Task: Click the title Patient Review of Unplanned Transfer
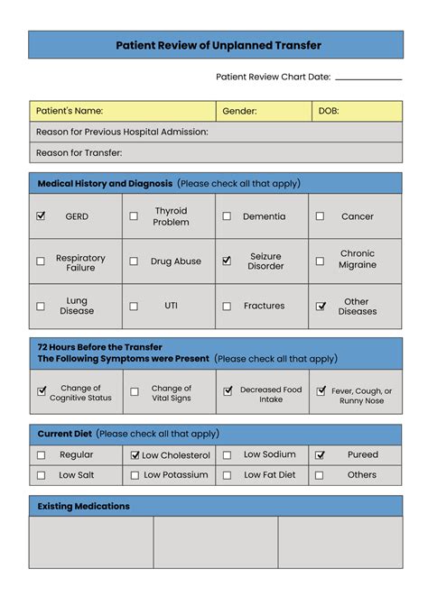click(218, 45)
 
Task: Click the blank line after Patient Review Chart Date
click(368, 79)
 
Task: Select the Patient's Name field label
click(70, 111)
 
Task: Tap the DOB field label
click(328, 111)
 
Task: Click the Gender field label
click(239, 111)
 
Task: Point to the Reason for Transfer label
click(79, 153)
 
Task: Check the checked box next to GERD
click(41, 216)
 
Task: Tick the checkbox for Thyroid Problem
click(134, 216)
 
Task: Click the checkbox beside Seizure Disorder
click(227, 261)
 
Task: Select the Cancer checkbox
click(320, 216)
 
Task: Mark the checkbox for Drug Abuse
click(134, 261)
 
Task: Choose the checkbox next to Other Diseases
click(321, 307)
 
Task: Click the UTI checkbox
click(134, 307)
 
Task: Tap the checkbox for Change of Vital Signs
click(135, 392)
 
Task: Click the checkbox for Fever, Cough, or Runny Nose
click(321, 391)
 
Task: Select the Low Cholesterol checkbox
click(135, 455)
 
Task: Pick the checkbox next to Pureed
click(320, 455)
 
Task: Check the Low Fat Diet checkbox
click(227, 475)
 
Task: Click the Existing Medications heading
click(83, 506)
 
